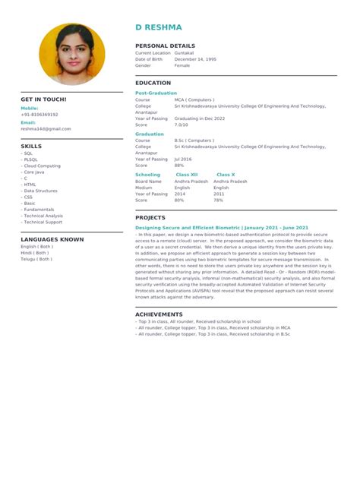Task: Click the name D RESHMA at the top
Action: point(158,27)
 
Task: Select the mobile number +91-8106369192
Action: point(39,114)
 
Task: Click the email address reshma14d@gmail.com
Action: point(46,129)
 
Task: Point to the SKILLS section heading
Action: point(31,146)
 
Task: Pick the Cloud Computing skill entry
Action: point(42,166)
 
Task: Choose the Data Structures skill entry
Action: point(40,191)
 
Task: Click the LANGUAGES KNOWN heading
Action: point(52,239)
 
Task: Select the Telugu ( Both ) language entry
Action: point(36,259)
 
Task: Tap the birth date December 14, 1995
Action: point(195,59)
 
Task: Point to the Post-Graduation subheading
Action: point(156,93)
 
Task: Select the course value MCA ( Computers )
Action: point(194,99)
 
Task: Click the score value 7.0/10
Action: point(182,125)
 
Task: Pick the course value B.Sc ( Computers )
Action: point(194,141)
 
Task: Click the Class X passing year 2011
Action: point(219,194)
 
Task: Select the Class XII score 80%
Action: point(179,200)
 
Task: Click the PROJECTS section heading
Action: point(150,217)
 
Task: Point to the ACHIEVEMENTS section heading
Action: point(160,314)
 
